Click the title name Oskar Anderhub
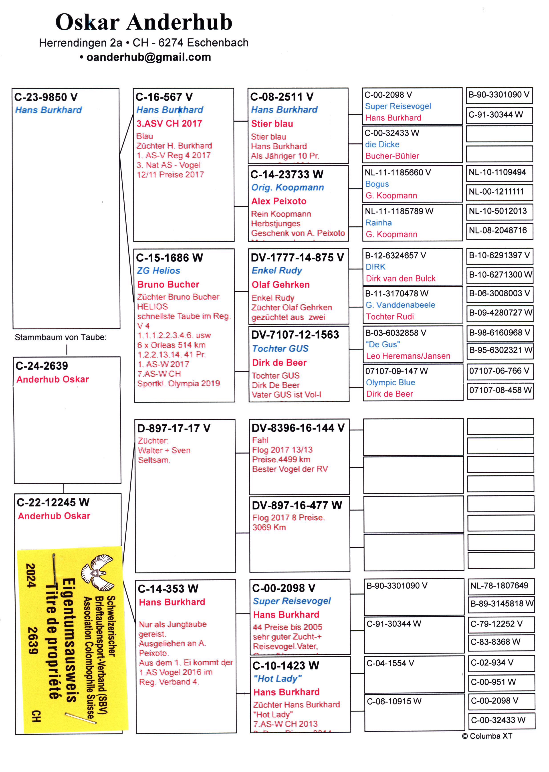pos(144,22)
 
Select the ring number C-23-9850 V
pos(46,97)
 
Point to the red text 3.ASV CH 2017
pos(169,124)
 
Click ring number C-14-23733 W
pos(287,174)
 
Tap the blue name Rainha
pos(378,223)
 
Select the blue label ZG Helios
pos(159,271)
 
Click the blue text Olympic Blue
pos(390,382)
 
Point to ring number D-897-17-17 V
pos(174,428)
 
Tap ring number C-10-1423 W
pos(286,665)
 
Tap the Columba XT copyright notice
pos(487,736)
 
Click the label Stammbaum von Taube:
pos(61,337)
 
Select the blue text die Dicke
pos(382,145)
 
